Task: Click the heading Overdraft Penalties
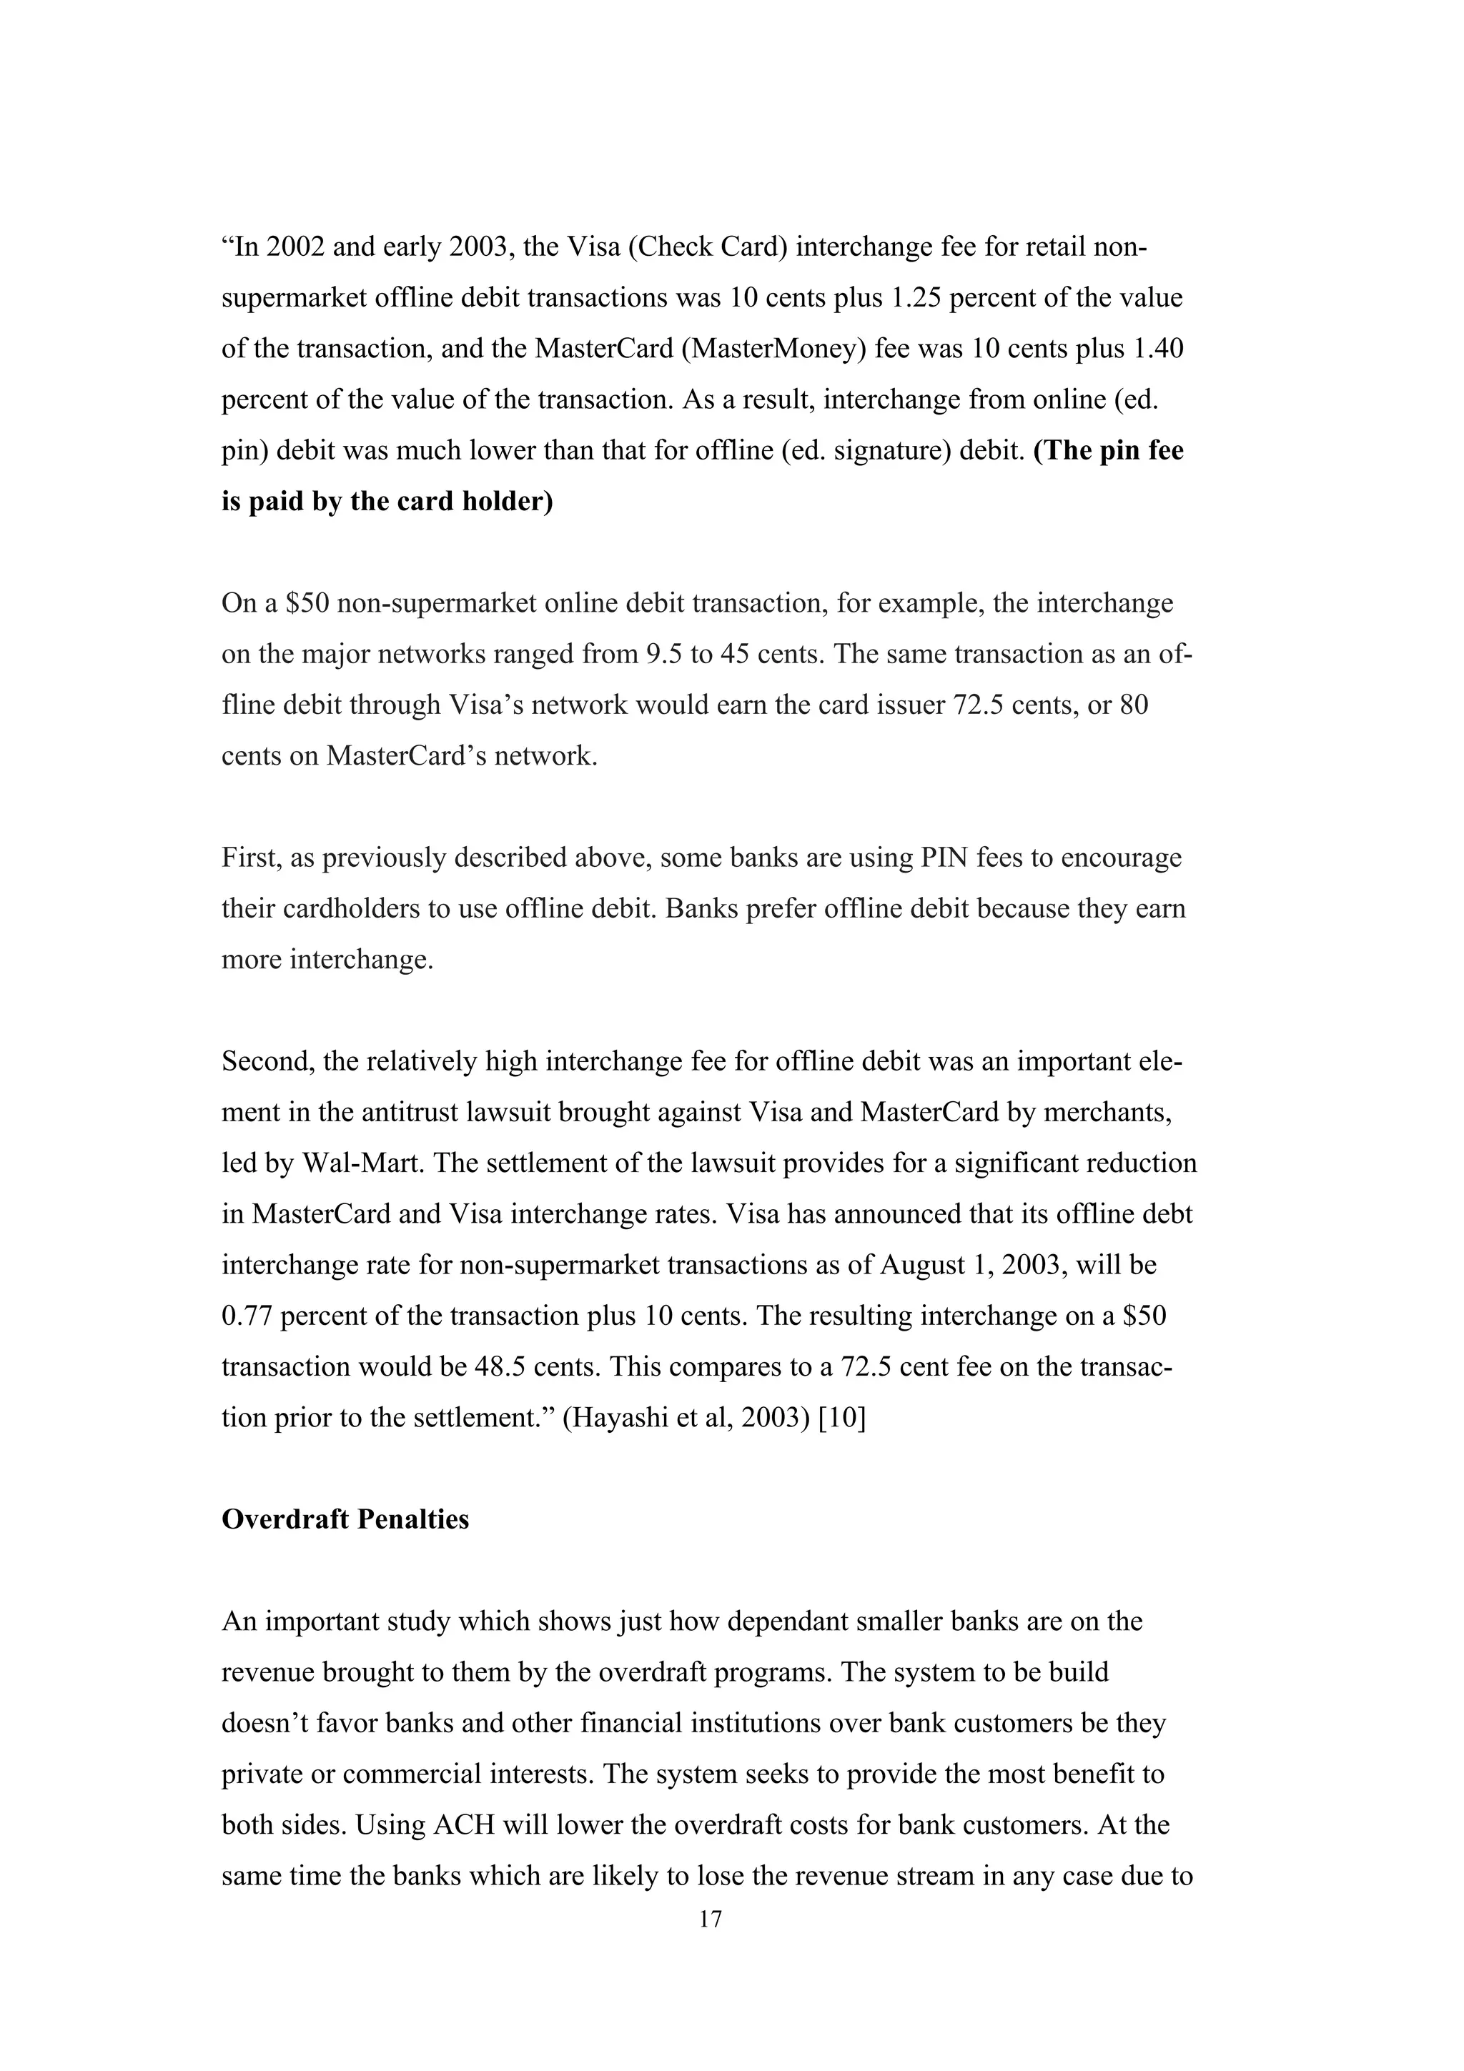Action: [345, 1520]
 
